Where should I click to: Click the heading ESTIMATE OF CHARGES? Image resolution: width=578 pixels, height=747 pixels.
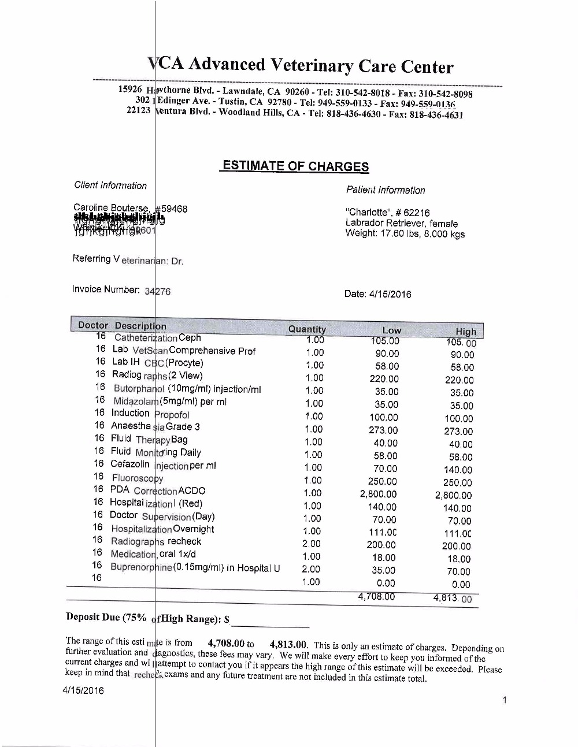[x=295, y=166]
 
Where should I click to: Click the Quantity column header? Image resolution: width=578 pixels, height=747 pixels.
[x=307, y=329]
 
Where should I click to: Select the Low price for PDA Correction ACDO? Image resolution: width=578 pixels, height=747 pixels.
[x=378, y=494]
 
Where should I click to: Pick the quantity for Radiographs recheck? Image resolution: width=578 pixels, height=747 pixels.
[x=312, y=544]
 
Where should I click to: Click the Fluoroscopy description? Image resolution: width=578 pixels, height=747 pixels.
[x=138, y=478]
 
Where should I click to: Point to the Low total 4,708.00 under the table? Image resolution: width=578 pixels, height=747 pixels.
[x=376, y=596]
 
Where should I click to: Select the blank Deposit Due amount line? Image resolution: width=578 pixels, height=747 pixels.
[x=270, y=622]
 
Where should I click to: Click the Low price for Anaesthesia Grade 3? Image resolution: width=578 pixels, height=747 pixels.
[x=383, y=430]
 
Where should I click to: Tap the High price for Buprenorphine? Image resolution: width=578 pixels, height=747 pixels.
[x=459, y=572]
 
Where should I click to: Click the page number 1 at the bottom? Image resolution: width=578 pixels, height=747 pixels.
[x=505, y=701]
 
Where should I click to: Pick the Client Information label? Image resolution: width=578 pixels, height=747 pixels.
[x=110, y=185]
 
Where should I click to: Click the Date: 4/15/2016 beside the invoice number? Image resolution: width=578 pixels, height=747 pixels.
[x=378, y=294]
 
